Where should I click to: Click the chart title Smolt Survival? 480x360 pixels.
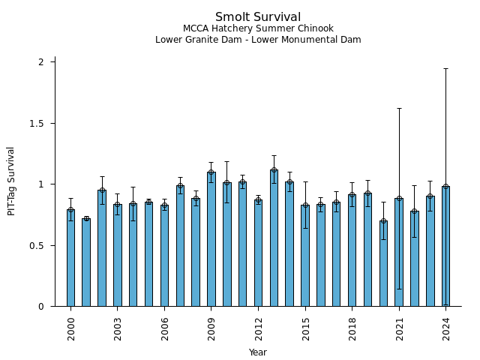[x=258, y=17]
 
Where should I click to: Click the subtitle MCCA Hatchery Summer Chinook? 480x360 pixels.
[x=258, y=29]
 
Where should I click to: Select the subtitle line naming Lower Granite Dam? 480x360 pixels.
[x=258, y=40]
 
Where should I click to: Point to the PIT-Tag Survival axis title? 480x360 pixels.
[x=11, y=181]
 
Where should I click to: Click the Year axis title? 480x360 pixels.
[x=258, y=352]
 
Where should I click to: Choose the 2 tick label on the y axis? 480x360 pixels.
[x=42, y=62]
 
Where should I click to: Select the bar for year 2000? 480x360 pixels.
[x=70, y=258]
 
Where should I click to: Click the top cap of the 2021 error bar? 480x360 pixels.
[x=399, y=108]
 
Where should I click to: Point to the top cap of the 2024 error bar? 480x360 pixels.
[x=445, y=68]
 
